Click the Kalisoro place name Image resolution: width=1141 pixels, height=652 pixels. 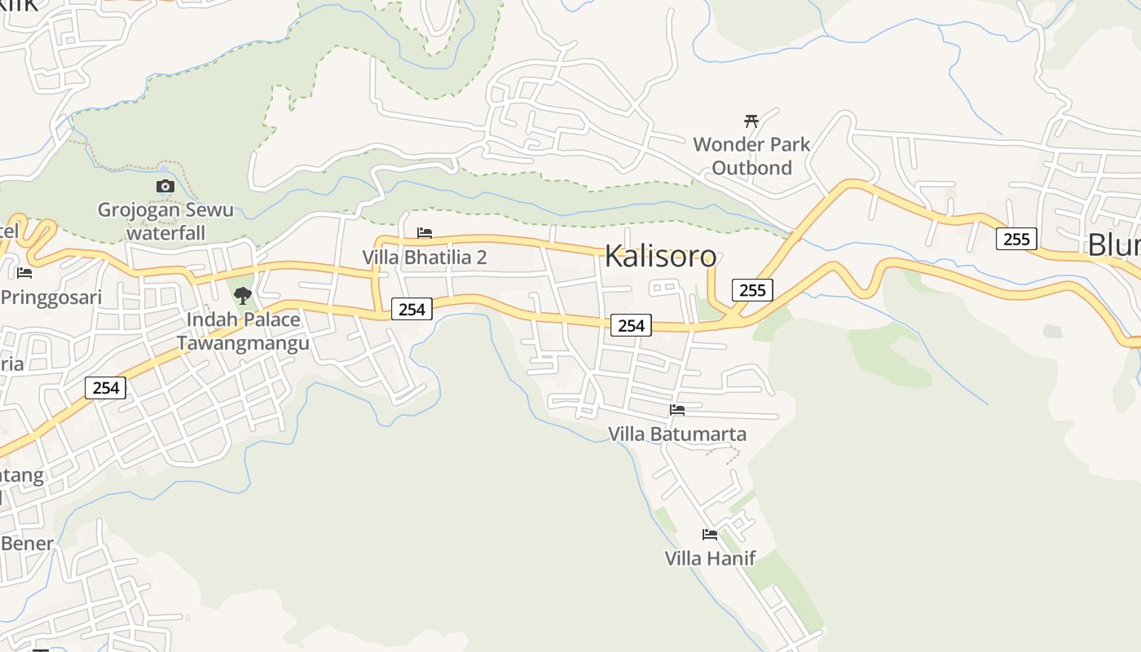pos(660,256)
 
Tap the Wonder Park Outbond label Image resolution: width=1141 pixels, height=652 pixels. pos(751,156)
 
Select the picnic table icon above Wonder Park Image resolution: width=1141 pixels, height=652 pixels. pos(751,121)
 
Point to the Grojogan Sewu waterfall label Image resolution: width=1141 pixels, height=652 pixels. pos(165,221)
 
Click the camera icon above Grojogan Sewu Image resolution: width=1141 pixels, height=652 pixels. pos(165,187)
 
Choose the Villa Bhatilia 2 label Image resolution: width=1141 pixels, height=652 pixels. pos(424,258)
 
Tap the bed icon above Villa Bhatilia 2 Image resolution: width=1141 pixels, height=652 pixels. pos(424,233)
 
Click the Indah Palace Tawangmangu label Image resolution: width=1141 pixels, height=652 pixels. pos(242,331)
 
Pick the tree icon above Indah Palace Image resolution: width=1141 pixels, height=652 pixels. pos(242,295)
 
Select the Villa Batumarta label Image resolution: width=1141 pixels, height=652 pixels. pos(676,434)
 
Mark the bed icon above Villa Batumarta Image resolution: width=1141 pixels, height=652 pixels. pos(676,409)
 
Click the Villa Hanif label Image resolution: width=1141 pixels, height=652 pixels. pos(710,558)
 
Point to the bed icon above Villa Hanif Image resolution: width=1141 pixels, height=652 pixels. pos(710,535)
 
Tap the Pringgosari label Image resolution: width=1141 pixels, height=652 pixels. pos(51,297)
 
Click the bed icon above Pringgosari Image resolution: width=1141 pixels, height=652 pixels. pos(24,272)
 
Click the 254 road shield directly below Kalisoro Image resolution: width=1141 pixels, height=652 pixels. pos(631,326)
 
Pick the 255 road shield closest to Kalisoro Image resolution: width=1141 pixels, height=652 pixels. pos(751,290)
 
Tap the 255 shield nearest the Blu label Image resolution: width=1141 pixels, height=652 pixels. pos(1015,239)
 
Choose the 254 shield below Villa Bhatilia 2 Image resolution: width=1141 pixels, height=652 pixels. pos(412,309)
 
